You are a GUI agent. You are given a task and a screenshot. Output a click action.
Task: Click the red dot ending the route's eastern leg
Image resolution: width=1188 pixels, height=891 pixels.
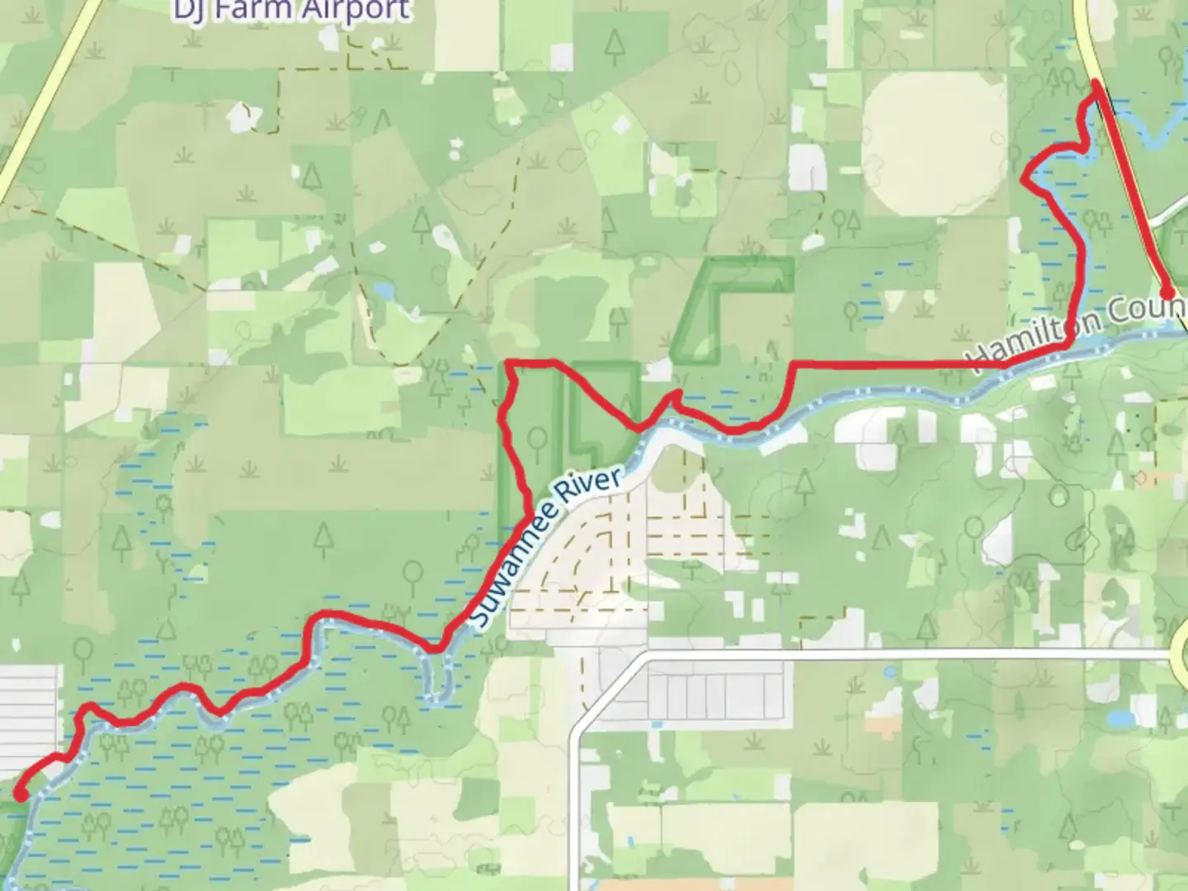(1167, 292)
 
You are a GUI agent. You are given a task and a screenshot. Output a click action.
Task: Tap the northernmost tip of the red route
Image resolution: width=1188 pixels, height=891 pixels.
(1096, 82)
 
